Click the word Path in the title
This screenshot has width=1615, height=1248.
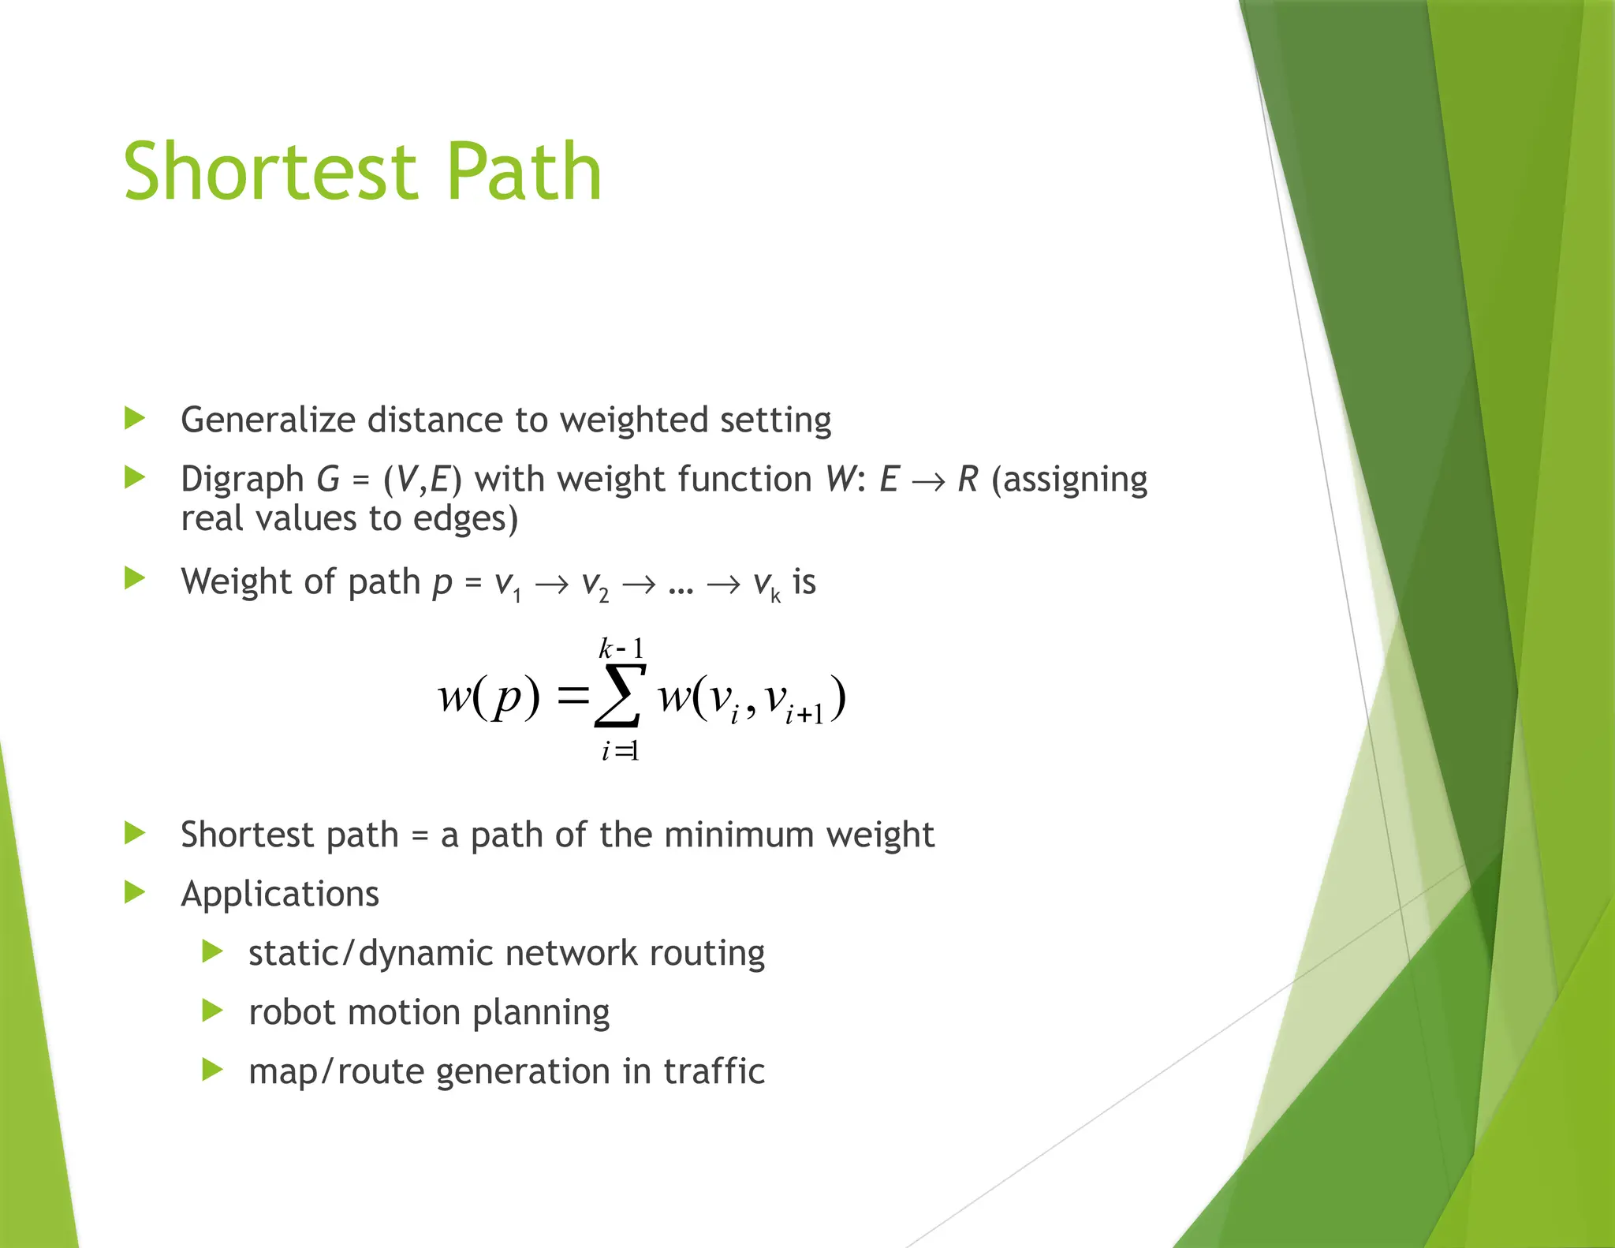pos(524,172)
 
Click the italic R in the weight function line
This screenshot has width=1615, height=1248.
pos(968,480)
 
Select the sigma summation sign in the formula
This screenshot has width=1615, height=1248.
pos(620,697)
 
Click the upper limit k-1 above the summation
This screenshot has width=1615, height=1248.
pos(621,649)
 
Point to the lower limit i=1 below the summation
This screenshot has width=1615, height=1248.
pos(620,751)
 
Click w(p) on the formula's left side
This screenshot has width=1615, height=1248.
pos(489,697)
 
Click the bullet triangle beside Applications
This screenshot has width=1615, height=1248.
pos(135,893)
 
